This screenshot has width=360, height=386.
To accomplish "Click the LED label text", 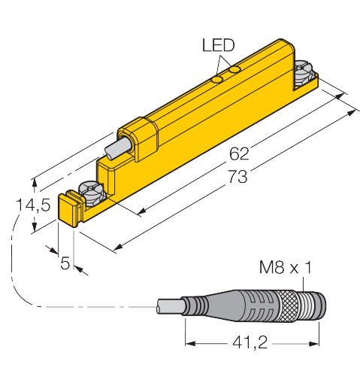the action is click(x=218, y=45).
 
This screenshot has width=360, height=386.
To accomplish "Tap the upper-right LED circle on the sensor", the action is click(x=236, y=69).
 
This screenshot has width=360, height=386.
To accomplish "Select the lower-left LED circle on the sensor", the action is click(x=217, y=80).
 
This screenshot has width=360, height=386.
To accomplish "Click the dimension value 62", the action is click(x=239, y=153).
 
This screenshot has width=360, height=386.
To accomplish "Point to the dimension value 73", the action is click(x=237, y=176).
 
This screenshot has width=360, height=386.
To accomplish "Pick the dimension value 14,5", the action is click(x=33, y=205).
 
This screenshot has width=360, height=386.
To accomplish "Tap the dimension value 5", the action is click(x=65, y=263).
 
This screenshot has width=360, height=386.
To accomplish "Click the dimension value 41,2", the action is click(x=250, y=342).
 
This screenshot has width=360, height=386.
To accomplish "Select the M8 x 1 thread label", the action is click(x=286, y=267).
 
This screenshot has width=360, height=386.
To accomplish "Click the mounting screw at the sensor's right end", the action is click(x=304, y=73).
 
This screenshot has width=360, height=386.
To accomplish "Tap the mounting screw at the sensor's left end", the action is click(x=92, y=193).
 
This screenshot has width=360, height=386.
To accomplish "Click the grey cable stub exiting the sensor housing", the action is click(x=118, y=148).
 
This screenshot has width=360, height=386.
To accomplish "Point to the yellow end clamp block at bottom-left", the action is click(x=70, y=208).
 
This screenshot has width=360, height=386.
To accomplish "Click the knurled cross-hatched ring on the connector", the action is click(x=287, y=306).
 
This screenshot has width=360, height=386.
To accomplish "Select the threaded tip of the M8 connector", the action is click(x=312, y=305).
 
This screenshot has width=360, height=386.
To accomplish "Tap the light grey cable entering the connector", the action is click(x=169, y=306).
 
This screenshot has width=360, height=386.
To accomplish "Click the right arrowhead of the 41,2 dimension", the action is click(x=314, y=343).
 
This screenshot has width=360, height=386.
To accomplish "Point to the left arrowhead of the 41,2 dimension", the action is click(x=190, y=343).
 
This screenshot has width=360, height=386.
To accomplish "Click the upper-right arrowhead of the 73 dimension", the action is click(x=352, y=112).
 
